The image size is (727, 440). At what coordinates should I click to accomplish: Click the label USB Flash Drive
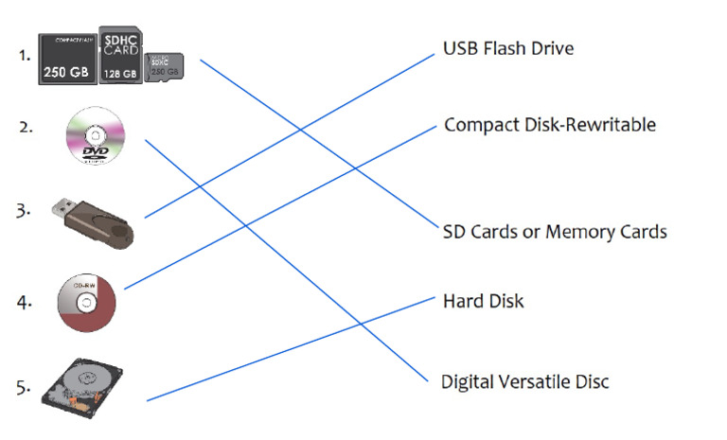click(508, 47)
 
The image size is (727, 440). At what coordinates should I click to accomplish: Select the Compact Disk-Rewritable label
click(549, 125)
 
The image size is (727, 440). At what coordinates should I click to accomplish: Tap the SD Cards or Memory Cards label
click(555, 232)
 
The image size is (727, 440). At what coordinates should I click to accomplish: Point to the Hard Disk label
click(483, 302)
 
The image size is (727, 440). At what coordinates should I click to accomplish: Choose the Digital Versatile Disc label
click(525, 382)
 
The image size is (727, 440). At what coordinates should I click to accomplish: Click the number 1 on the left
click(25, 55)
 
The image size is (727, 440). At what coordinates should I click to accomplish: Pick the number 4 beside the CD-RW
click(25, 303)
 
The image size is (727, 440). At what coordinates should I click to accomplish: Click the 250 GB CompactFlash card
click(66, 60)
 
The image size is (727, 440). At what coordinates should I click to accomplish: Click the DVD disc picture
click(94, 137)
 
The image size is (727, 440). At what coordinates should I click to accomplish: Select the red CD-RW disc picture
click(86, 303)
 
